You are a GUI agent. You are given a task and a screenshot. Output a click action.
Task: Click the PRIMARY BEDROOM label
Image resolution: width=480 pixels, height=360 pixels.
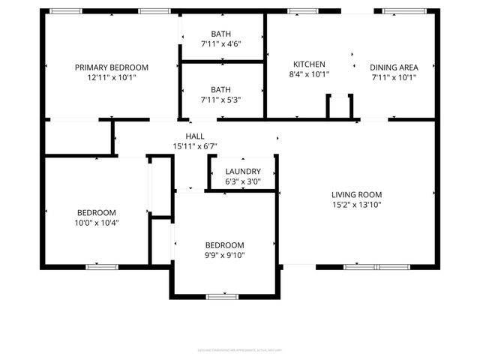click(x=111, y=67)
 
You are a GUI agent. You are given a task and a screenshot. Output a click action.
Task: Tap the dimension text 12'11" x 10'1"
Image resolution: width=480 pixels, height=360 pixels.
click(x=111, y=77)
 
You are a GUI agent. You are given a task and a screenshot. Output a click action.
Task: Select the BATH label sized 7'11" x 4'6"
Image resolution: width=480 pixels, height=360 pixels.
click(x=221, y=34)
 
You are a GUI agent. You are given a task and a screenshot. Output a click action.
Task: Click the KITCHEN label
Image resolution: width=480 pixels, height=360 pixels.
click(x=309, y=64)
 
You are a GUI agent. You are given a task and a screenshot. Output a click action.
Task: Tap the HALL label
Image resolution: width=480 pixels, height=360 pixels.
click(x=195, y=136)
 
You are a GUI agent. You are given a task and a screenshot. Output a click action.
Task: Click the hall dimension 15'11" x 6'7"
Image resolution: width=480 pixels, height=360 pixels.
click(x=195, y=145)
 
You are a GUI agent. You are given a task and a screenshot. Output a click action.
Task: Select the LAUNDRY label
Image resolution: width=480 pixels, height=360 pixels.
click(x=243, y=171)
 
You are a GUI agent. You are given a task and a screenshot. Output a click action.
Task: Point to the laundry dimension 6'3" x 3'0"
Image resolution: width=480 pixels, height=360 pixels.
click(x=243, y=181)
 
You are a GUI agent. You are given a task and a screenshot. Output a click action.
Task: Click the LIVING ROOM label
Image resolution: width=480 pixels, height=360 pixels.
click(x=357, y=194)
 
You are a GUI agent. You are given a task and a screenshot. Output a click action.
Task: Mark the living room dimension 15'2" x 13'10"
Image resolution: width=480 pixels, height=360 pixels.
click(x=357, y=205)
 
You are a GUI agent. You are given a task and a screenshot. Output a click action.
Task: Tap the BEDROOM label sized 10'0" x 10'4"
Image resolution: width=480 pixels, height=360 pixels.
click(x=96, y=212)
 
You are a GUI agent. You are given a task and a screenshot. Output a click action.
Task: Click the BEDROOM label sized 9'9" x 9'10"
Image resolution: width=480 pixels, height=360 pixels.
click(x=225, y=245)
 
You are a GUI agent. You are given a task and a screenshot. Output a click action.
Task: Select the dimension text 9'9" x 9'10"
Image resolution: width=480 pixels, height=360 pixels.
click(x=225, y=256)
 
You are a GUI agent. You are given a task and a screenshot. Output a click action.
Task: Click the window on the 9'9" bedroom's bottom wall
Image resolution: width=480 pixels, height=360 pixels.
click(x=222, y=297)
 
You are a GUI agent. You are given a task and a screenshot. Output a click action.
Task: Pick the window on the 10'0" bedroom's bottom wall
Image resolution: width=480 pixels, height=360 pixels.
click(x=101, y=266)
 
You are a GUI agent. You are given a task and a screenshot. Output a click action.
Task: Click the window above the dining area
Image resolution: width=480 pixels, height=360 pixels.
click(x=399, y=11)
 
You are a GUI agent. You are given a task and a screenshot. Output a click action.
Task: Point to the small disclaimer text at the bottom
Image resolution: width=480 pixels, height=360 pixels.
click(x=240, y=349)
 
